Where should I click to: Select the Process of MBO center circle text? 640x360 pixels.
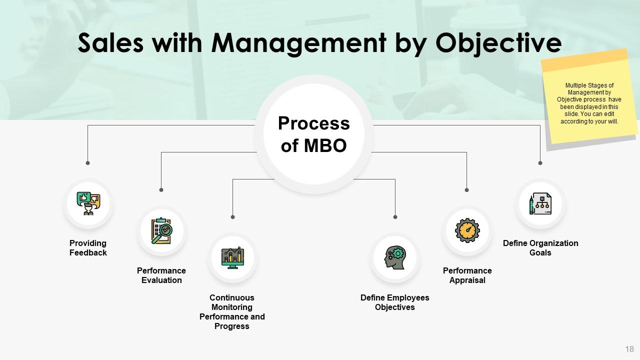coord(313,134)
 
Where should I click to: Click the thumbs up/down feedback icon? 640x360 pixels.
coord(88,203)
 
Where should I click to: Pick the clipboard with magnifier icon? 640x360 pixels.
coord(161,230)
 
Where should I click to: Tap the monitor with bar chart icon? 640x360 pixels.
coord(232,258)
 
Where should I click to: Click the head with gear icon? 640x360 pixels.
coord(395,258)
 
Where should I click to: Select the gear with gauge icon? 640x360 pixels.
coord(467,230)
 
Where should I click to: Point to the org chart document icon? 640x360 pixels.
coord(540,203)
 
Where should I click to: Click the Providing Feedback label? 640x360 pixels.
coord(88,248)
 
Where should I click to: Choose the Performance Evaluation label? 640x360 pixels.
coord(161,275)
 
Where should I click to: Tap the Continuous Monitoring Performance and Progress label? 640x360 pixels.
coord(232,311)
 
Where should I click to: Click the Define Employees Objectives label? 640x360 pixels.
coord(395,302)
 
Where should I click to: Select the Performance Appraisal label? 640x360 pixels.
coord(467,275)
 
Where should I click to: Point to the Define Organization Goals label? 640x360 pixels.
coord(540,248)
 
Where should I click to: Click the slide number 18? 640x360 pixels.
coord(629,349)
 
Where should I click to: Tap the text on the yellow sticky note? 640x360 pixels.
coord(589,103)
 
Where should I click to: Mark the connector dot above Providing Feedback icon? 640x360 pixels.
coord(88,163)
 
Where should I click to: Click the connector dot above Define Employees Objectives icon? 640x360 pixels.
coord(395,217)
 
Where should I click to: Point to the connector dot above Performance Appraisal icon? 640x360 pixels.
coord(466,190)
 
